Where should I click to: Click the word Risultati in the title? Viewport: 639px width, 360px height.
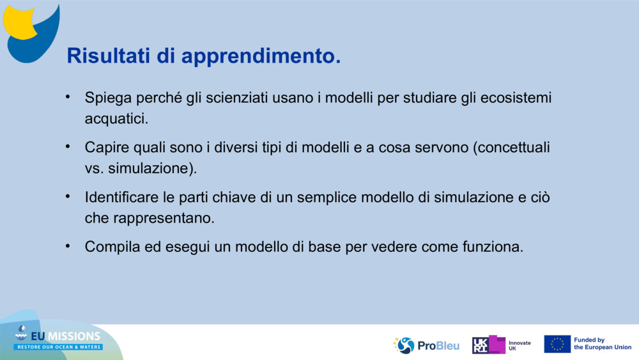point(109,56)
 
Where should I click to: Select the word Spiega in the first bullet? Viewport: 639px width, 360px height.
point(108,98)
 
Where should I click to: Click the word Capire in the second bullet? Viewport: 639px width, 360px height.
point(107,148)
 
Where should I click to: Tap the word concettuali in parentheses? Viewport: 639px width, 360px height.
point(514,147)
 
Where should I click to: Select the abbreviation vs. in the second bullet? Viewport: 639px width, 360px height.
point(94,168)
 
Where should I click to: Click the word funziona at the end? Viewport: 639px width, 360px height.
point(490,247)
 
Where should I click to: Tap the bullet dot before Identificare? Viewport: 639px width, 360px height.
point(68,196)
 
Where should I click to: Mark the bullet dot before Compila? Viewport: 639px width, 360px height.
point(68,246)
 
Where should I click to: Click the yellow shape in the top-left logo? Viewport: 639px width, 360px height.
point(19,22)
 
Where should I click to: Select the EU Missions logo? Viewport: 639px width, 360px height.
point(58,338)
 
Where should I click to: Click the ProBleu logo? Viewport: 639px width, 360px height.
point(426,345)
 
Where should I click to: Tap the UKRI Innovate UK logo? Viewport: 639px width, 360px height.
point(501,345)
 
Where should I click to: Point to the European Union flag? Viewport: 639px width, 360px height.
point(557,344)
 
